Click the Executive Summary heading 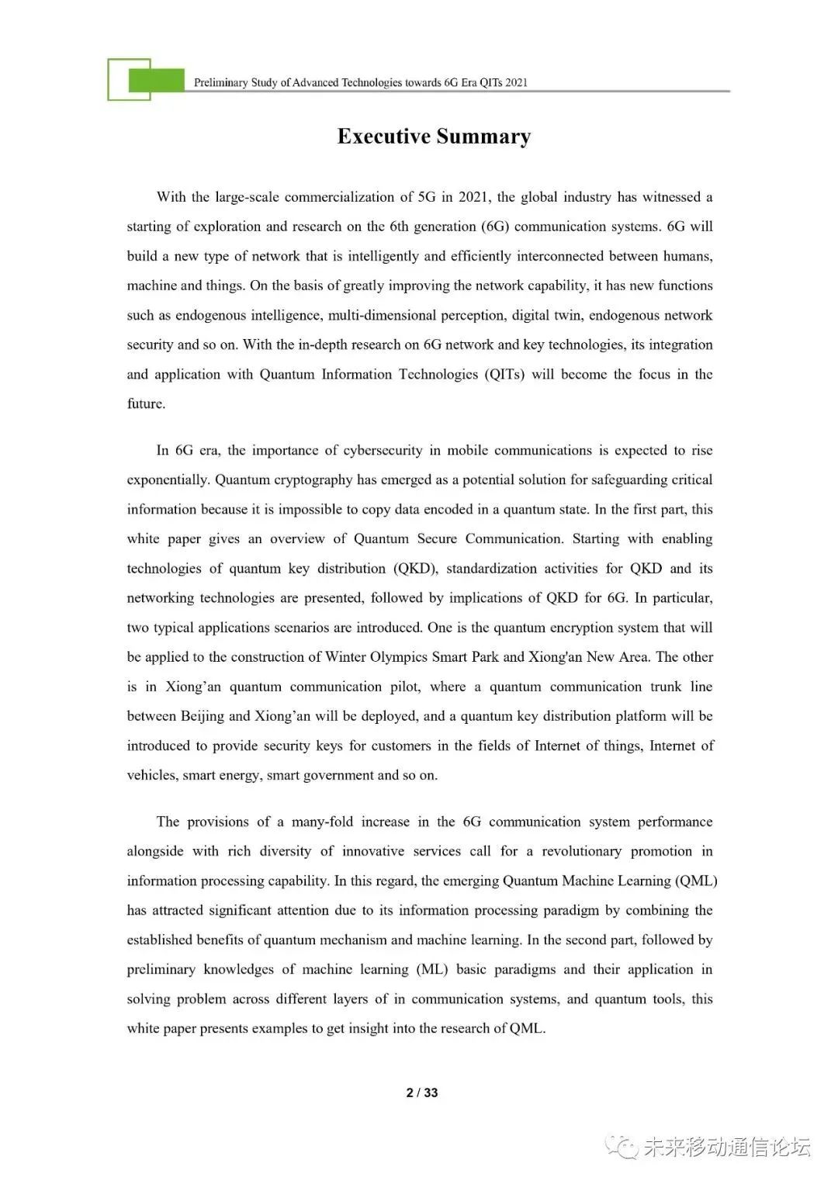(434, 137)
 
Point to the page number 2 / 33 (422, 1092)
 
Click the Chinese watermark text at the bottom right (726, 1147)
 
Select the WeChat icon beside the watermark (622, 1147)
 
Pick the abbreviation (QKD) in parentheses (415, 568)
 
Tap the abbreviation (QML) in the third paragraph (696, 881)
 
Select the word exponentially (168, 479)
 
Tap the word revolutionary (581, 851)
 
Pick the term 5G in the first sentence (427, 197)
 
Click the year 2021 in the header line (516, 82)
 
